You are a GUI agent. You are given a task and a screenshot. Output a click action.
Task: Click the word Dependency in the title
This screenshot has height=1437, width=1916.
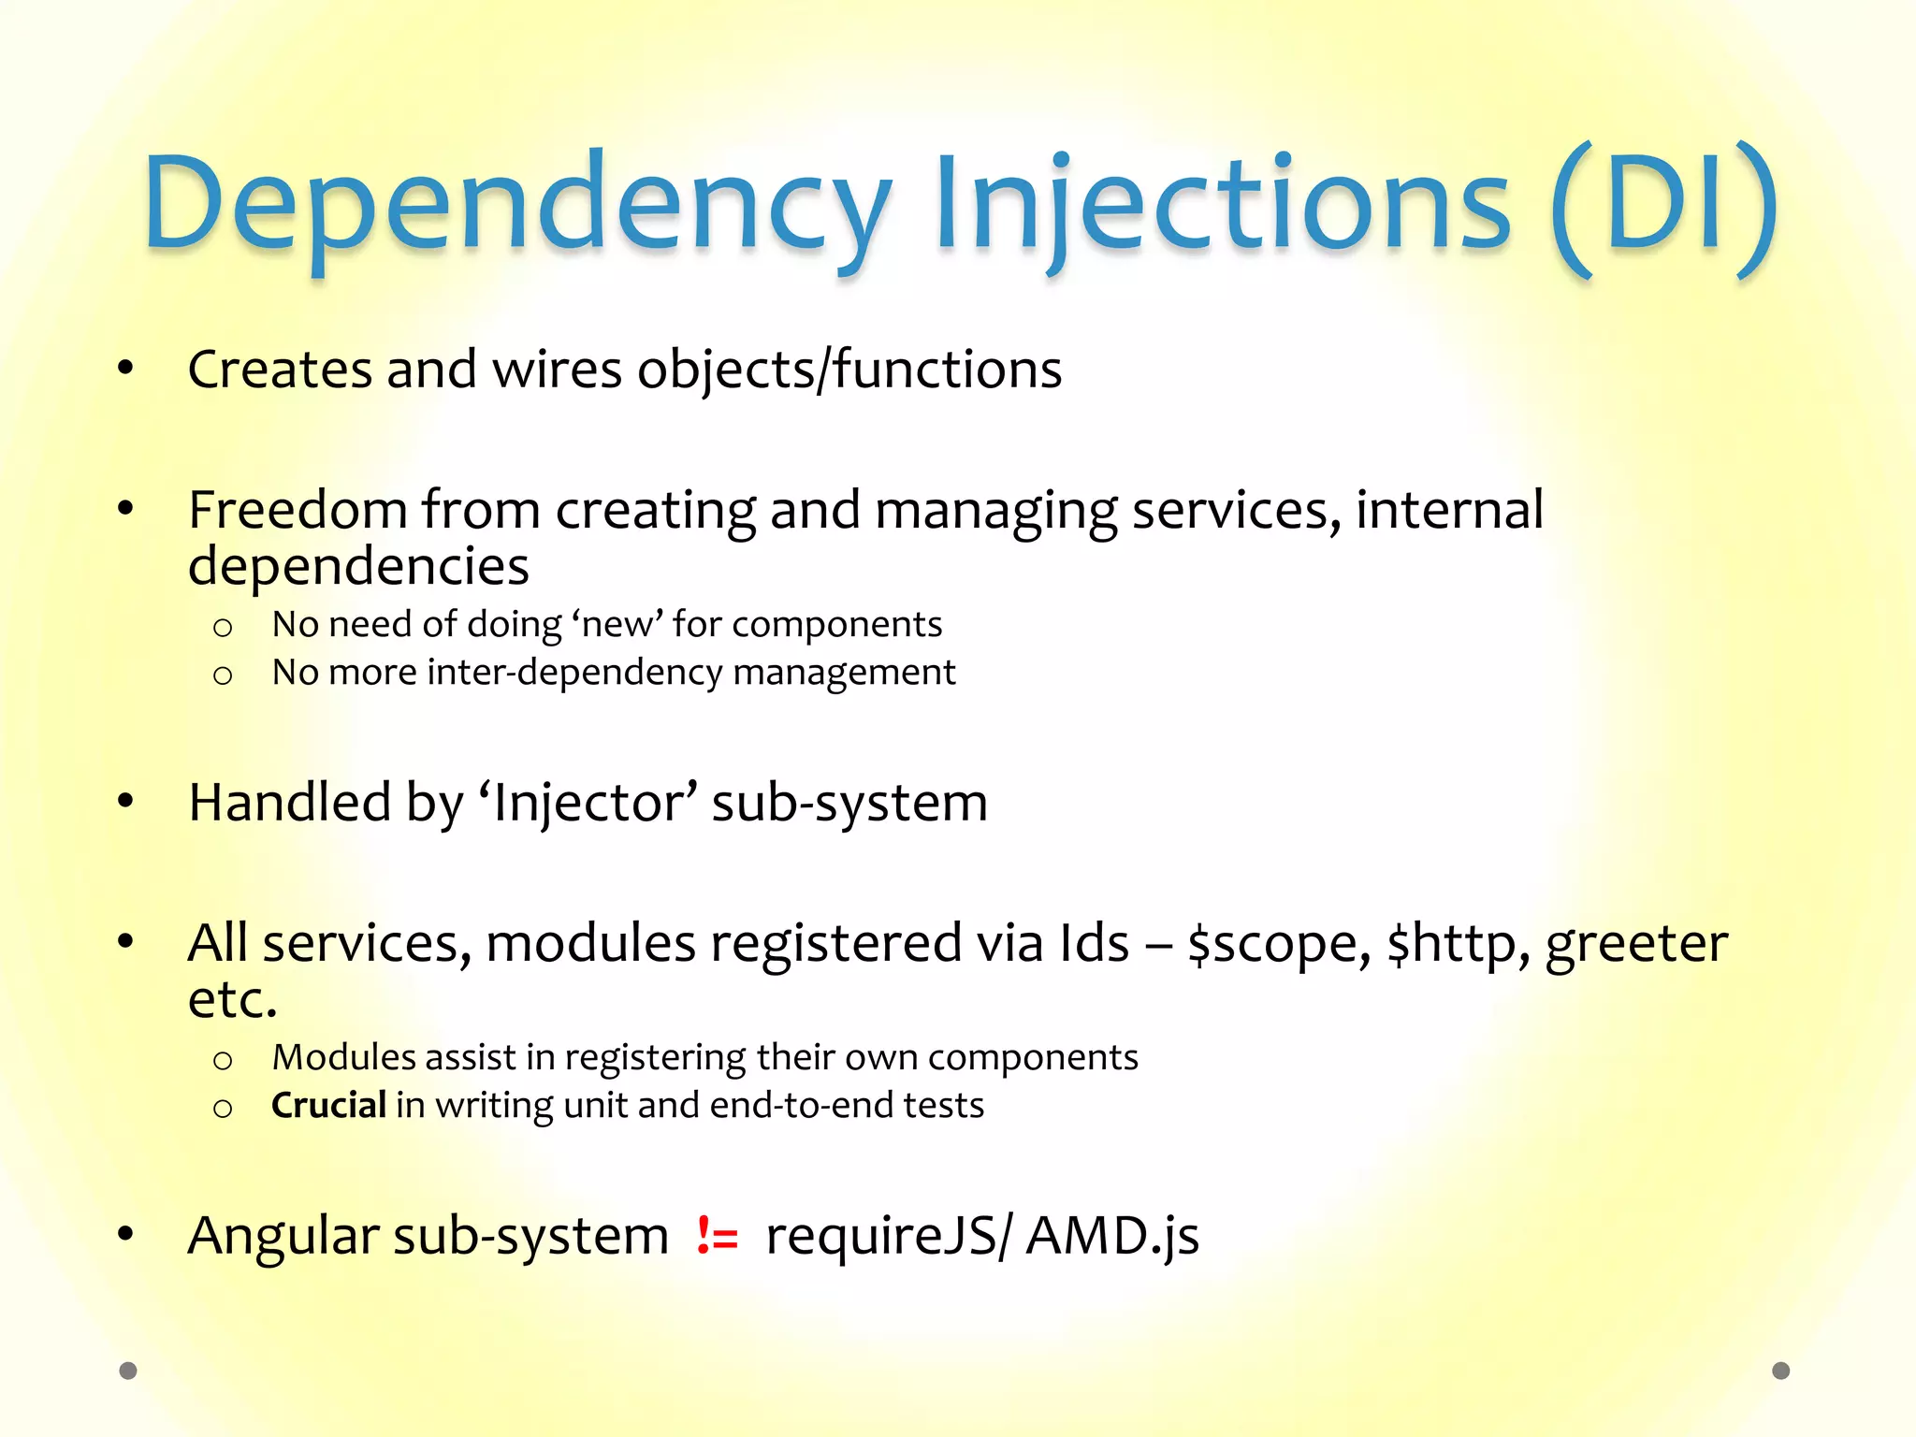[516, 206]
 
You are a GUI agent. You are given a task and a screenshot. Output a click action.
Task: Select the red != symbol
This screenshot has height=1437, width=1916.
[718, 1237]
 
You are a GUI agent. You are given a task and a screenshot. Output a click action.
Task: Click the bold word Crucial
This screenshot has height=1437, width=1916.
[328, 1105]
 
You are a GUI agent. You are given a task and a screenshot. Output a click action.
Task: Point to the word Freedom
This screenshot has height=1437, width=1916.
[298, 511]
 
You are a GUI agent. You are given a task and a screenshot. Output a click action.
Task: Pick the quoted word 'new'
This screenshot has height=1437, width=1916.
[617, 624]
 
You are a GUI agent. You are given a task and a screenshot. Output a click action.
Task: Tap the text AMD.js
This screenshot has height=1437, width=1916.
[1112, 1237]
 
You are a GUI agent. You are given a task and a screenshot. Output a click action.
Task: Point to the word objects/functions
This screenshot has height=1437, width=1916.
[849, 370]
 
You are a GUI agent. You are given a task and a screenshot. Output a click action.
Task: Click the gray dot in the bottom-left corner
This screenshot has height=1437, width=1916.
[128, 1371]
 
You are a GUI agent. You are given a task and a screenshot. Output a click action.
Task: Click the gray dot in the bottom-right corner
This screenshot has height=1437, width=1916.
[1781, 1371]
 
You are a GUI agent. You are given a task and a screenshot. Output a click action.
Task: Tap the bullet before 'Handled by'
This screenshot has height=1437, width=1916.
[125, 802]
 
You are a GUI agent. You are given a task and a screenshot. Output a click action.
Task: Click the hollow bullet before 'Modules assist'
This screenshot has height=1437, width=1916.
[222, 1061]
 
